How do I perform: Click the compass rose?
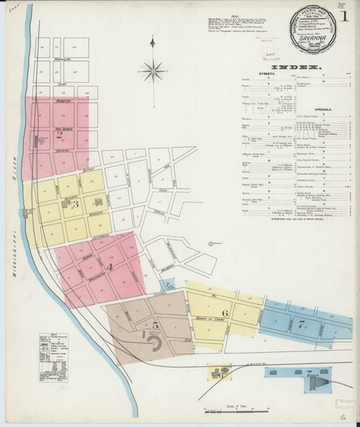pyautogui.click(x=153, y=71)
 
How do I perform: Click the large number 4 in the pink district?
pyautogui.click(x=109, y=268)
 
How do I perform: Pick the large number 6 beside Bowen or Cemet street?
pyautogui.click(x=225, y=313)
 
